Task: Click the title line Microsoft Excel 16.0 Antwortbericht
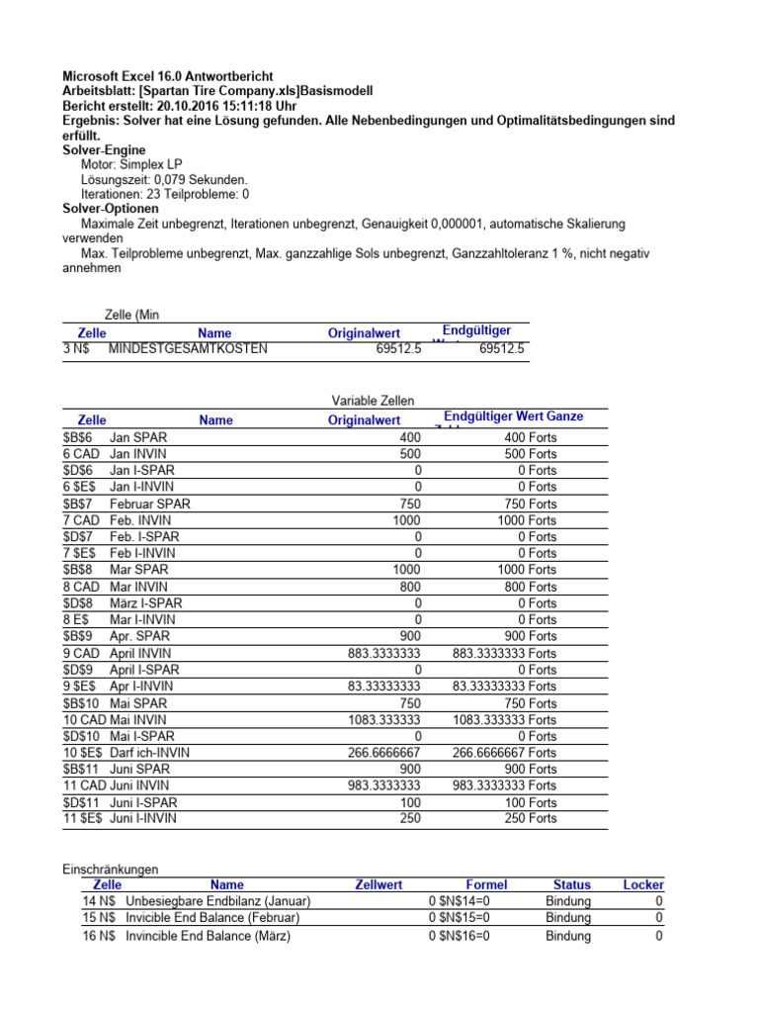coord(168,76)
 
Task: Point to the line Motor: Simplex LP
coord(131,164)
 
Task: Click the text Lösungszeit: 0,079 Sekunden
coord(164,179)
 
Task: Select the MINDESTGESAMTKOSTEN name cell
coord(187,349)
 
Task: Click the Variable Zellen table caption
coord(373,401)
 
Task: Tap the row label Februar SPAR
coord(149,504)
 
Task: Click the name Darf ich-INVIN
coord(150,753)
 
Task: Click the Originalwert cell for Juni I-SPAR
coord(407,802)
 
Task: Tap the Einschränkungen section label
coord(110,869)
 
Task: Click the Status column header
coord(571,884)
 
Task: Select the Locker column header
coord(643,884)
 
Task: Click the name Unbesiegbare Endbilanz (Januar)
coord(217,901)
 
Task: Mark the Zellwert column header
coord(379,884)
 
